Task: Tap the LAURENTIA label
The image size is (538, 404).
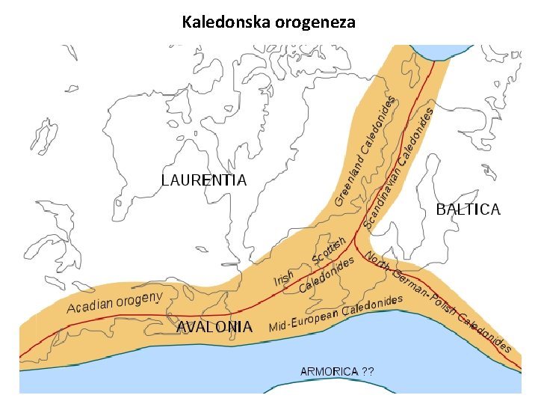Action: pyautogui.click(x=204, y=180)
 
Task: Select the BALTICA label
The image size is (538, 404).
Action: pyautogui.click(x=468, y=209)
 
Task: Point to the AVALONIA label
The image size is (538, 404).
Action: pyautogui.click(x=214, y=326)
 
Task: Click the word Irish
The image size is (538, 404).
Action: pyautogui.click(x=283, y=279)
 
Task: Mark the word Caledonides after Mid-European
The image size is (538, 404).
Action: pyautogui.click(x=373, y=306)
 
